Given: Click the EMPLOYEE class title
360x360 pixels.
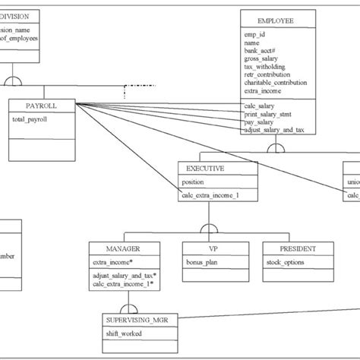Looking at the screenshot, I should click(x=277, y=21).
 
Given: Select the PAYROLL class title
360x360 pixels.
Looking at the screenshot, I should click(x=41, y=106).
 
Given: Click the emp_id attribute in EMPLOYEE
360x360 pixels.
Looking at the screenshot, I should click(x=255, y=35).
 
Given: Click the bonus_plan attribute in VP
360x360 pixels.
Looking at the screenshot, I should click(x=202, y=262).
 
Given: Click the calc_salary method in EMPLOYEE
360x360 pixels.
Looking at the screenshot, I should click(x=260, y=106).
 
